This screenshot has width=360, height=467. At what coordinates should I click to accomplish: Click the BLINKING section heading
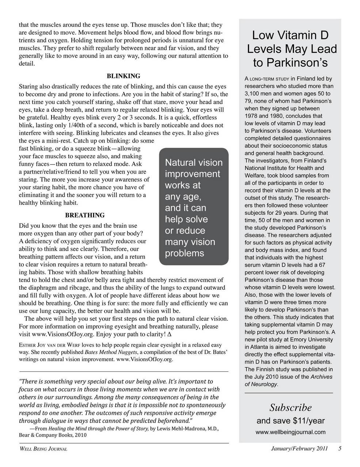[x=123, y=76]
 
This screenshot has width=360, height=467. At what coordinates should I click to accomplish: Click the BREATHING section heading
[x=85, y=215]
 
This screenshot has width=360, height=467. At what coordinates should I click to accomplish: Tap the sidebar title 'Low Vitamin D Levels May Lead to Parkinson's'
[x=290, y=49]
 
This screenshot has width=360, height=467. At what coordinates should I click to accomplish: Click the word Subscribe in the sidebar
[x=290, y=407]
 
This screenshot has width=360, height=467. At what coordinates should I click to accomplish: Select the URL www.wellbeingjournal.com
[x=290, y=432]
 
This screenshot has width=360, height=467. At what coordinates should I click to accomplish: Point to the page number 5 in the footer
[x=340, y=449]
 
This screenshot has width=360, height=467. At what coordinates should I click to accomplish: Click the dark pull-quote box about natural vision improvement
[x=194, y=207]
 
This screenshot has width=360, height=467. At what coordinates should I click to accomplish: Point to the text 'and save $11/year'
[x=290, y=421]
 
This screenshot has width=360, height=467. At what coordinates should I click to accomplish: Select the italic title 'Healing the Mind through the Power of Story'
[x=99, y=429]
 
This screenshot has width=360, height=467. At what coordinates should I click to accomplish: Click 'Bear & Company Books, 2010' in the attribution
[x=53, y=435]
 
